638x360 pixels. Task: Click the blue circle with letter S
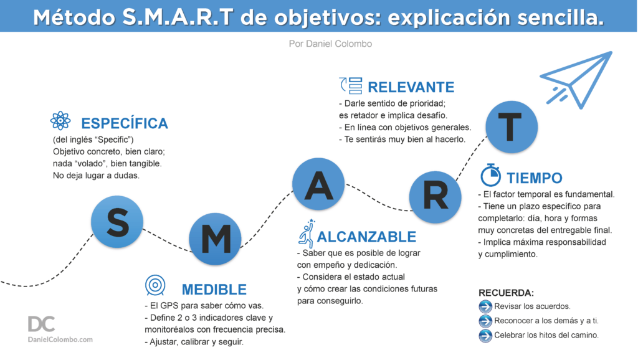point(117,222)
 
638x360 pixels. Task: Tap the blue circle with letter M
point(215,239)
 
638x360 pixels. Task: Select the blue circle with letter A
point(318,184)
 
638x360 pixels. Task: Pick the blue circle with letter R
point(436,197)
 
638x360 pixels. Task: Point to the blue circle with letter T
point(512,127)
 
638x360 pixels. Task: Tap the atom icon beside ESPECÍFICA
point(60,121)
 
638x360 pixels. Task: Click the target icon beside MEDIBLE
point(155,285)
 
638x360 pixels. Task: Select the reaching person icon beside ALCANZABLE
point(307,234)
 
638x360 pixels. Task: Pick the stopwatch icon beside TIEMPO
point(491,175)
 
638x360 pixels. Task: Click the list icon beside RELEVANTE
point(351,86)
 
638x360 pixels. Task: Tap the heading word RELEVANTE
point(411,87)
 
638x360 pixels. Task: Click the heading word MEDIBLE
point(214,290)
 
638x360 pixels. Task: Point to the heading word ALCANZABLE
point(366,237)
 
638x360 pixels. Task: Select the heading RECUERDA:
point(506,293)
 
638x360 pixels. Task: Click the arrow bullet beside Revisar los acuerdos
point(485,306)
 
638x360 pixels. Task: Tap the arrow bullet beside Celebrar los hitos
point(485,336)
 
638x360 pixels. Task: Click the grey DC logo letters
point(41,324)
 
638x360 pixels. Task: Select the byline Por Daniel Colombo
point(330,44)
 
